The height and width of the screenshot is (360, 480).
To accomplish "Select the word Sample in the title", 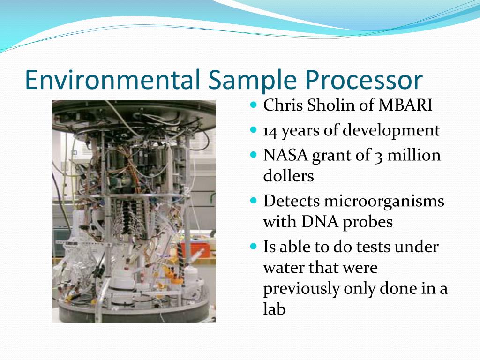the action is pos(253,80).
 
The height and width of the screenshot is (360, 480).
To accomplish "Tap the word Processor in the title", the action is pos(364,80).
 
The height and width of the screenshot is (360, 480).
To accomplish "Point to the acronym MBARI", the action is pos(405,105).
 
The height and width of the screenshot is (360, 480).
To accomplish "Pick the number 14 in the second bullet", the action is pos(270,131).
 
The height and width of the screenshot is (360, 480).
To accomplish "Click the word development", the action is pos(391,130).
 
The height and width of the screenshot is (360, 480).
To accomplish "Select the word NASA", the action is pos(285,155).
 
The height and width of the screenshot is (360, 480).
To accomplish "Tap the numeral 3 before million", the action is pos(378,157).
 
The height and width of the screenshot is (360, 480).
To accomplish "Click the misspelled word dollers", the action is pos(288,176).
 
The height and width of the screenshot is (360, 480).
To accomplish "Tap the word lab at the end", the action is pos(274,308).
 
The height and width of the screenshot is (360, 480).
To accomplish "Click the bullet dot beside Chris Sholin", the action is pos(253,105).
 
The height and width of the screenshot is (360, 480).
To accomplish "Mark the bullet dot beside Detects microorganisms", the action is pos(253,201).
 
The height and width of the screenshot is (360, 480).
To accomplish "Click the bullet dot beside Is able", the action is pos(253,246).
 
